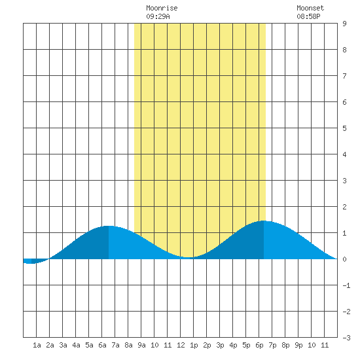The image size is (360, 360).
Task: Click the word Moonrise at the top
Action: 162,8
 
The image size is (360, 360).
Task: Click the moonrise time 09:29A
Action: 158,16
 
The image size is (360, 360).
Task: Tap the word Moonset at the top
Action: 310,8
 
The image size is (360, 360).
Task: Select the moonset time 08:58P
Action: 308,16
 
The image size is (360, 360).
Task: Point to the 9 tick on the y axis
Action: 344,24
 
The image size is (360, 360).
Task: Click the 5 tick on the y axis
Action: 344,128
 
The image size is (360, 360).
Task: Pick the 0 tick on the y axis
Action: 344,259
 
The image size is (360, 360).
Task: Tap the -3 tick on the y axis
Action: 346,338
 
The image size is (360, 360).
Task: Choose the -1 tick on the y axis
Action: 346,285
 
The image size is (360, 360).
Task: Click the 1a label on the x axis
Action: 37,345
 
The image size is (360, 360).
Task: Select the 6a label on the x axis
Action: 102,345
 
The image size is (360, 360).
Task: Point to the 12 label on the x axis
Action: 181,345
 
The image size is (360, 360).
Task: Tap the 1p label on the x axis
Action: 194,345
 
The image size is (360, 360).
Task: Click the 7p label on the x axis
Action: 272,345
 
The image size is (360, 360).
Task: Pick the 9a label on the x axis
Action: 141,345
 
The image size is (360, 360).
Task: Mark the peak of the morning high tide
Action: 109,226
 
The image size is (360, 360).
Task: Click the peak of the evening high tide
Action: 264,221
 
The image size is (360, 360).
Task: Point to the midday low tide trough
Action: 189,257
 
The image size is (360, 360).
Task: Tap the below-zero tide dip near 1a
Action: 31,263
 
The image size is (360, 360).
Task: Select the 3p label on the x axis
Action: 220,345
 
